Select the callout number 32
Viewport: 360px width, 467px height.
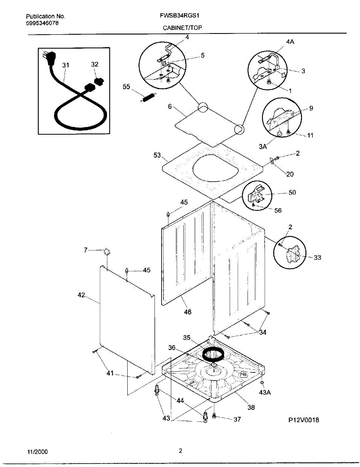click(95, 64)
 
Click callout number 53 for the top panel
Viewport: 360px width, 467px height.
click(157, 155)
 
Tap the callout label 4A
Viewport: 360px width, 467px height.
click(290, 42)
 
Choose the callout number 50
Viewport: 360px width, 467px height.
click(292, 193)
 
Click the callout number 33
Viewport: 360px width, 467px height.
click(318, 258)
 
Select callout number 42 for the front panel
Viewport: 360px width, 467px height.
click(81, 295)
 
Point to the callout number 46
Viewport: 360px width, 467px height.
click(188, 312)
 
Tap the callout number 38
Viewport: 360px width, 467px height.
click(251, 407)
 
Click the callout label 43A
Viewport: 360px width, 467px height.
click(265, 392)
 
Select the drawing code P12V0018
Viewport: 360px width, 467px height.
click(304, 420)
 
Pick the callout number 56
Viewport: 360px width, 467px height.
click(278, 211)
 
